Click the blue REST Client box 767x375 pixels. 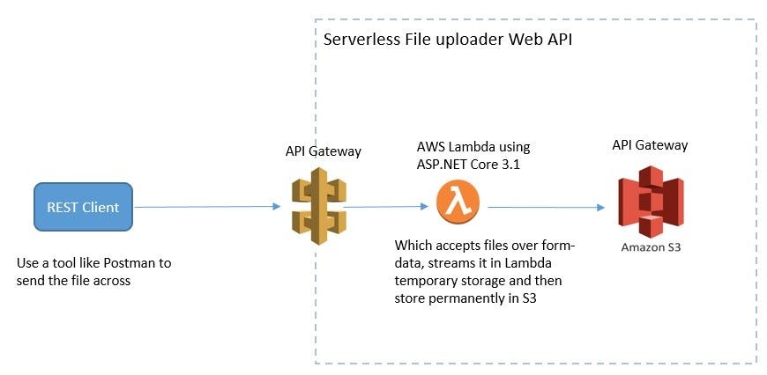(83, 208)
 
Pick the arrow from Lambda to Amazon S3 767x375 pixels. (545, 209)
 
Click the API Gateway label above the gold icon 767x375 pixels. (323, 151)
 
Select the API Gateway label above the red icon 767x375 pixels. (650, 144)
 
